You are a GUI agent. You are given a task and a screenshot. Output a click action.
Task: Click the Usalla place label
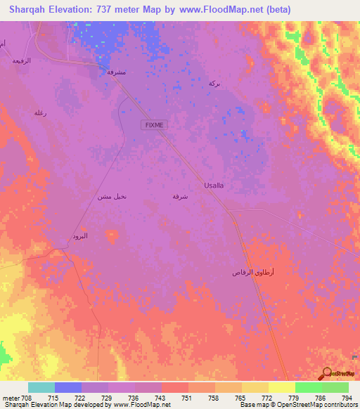point(214,185)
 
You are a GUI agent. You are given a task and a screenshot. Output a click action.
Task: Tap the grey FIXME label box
point(154,124)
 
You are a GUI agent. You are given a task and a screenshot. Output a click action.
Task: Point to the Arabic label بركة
point(214,84)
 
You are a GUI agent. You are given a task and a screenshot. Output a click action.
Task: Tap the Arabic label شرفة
point(180,197)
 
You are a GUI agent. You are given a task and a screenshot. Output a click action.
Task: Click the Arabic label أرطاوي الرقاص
point(252,272)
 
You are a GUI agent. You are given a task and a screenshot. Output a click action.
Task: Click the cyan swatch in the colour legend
point(41,387)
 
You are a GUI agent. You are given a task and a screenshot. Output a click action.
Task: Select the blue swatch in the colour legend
point(68,387)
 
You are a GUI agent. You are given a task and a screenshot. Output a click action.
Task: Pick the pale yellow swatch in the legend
point(281,387)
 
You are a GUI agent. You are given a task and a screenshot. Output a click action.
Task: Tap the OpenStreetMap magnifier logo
point(326,374)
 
